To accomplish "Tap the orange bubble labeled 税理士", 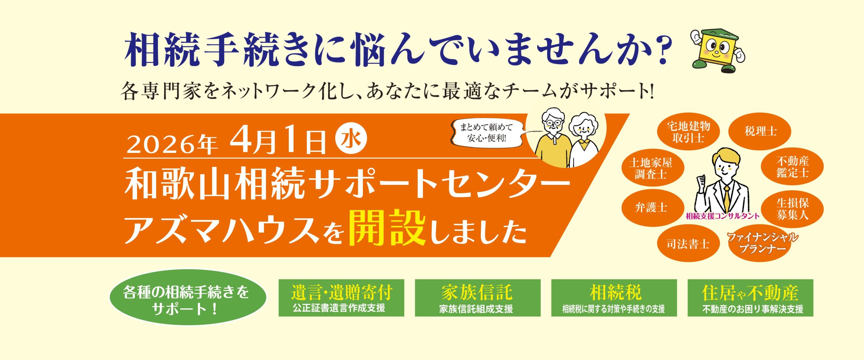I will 759,131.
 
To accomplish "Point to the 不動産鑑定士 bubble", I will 792,167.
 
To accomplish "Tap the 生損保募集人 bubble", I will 792,209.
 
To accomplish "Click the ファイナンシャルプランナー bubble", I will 762,244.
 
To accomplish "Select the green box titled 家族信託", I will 477,298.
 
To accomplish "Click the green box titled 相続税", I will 614,298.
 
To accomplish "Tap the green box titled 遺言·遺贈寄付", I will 341,298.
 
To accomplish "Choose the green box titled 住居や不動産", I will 750,298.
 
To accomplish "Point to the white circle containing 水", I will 351,139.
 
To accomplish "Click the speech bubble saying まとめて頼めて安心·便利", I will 486,132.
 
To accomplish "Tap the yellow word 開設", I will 387,228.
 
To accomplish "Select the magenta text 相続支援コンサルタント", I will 723,216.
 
